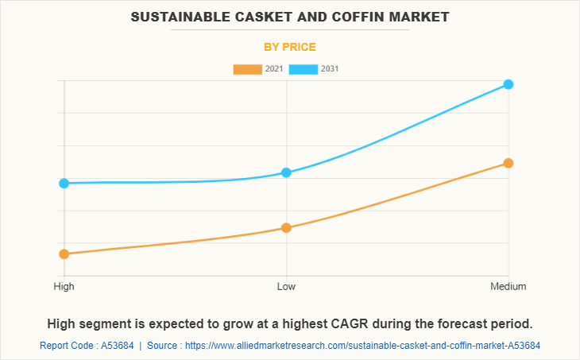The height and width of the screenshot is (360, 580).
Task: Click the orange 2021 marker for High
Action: [64, 254]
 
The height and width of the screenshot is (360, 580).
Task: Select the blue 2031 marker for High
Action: [64, 183]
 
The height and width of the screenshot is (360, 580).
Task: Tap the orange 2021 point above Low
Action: [286, 228]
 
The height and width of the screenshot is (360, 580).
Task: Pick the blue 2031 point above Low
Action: [286, 172]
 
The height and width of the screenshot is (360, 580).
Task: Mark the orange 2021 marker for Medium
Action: [508, 163]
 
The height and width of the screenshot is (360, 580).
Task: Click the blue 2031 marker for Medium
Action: [508, 84]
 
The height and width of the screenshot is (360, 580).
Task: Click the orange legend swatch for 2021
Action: [247, 69]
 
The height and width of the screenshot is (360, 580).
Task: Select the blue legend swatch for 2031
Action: [304, 69]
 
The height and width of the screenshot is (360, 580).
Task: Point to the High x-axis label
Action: [64, 286]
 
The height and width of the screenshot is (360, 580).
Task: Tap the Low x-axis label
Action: [286, 286]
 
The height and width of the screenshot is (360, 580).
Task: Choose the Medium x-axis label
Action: [508, 286]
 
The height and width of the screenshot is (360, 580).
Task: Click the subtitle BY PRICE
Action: [290, 47]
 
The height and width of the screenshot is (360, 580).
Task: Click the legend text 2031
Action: [330, 69]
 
